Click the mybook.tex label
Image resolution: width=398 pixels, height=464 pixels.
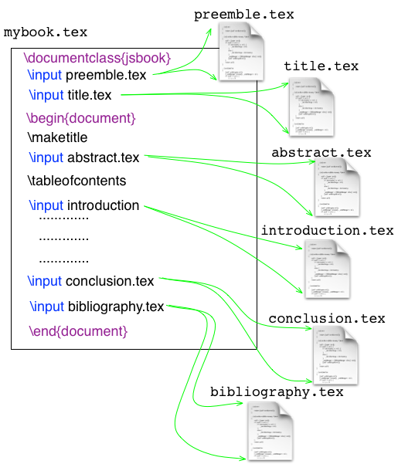click(46, 33)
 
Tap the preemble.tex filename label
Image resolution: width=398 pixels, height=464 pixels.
click(243, 15)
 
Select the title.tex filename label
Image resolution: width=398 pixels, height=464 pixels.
click(321, 66)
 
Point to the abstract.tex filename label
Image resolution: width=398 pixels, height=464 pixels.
click(321, 153)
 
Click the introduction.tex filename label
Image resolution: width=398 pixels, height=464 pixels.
click(327, 231)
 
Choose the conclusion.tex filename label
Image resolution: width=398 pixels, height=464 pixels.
click(326, 318)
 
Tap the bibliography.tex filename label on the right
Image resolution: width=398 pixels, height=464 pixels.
click(277, 392)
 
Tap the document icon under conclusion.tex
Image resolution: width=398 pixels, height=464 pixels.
click(335, 354)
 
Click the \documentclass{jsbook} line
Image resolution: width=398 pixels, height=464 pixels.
click(97, 58)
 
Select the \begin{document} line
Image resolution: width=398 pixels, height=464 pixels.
click(81, 119)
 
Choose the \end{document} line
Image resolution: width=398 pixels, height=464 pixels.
click(77, 331)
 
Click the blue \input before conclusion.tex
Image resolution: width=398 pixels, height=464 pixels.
click(44, 281)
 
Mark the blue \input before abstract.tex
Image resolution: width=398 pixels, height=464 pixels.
click(46, 158)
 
